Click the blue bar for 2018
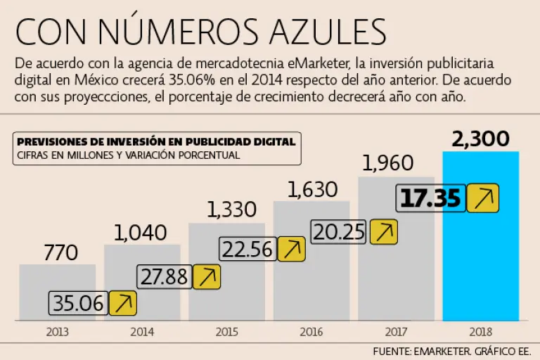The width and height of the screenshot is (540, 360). (480, 267)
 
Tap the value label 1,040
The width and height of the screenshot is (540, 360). (141, 232)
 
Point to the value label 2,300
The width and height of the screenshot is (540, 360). (481, 139)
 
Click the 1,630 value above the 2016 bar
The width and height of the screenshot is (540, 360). (311, 189)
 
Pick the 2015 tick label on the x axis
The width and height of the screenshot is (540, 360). (226, 331)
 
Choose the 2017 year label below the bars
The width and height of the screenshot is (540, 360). (396, 331)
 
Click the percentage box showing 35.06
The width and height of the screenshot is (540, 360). (78, 304)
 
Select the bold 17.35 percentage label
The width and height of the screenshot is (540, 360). (430, 198)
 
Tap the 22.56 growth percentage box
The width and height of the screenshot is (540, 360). (247, 249)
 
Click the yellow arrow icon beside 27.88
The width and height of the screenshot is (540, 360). (207, 276)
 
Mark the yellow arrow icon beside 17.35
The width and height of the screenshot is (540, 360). (482, 198)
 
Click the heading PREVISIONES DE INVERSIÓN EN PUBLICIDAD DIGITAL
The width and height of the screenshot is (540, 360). (155, 141)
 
